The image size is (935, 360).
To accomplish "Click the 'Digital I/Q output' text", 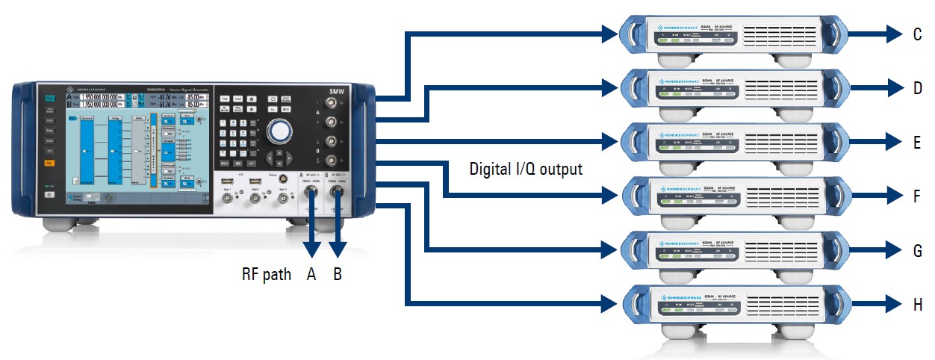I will click(526, 169).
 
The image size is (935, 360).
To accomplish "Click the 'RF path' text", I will click(266, 275).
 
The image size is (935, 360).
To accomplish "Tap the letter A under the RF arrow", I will click(311, 275).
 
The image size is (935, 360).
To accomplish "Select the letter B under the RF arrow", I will click(338, 275).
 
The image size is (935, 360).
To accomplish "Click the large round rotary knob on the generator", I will click(279, 131).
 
